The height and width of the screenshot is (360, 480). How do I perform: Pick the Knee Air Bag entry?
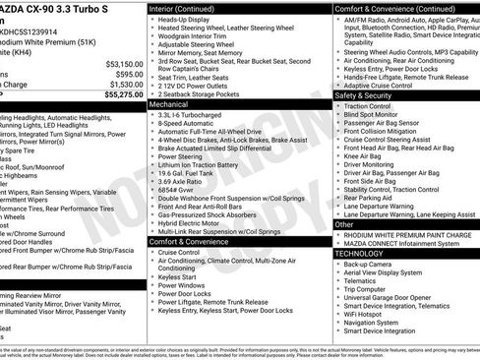click(363, 154)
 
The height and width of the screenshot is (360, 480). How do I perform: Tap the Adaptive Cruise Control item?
click(382, 86)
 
